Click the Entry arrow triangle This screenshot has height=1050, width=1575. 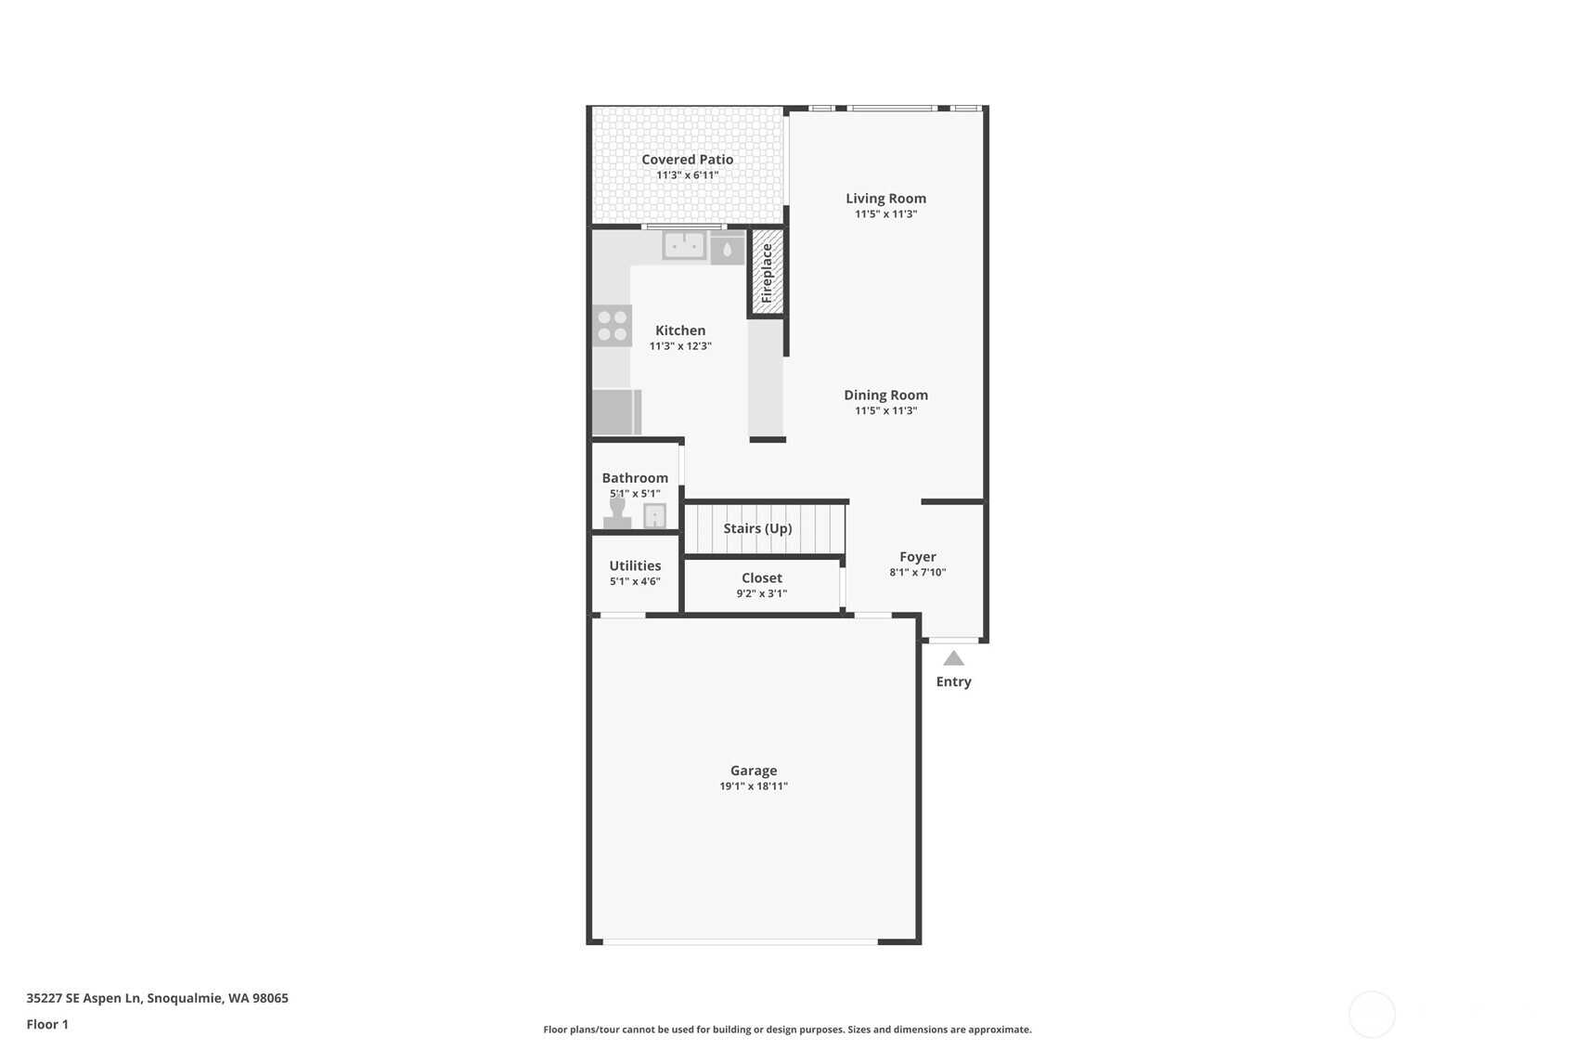[953, 659]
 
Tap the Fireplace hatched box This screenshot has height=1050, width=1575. [768, 272]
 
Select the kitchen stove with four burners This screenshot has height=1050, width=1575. [612, 326]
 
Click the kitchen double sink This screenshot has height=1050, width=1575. [684, 246]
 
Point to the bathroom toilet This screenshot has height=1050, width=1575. [617, 512]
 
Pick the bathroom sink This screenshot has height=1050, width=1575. [654, 516]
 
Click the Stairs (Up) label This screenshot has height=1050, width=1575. [758, 528]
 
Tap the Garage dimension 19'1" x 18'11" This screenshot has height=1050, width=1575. [754, 786]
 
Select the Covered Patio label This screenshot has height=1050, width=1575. [688, 160]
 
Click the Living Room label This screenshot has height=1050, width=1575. [886, 199]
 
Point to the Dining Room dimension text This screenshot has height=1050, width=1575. [886, 410]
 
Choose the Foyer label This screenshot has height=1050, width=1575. [918, 557]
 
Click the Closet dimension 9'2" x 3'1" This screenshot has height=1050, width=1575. [762, 593]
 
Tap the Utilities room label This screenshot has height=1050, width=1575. [635, 565]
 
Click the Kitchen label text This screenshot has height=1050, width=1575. [680, 331]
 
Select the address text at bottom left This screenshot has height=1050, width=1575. [158, 998]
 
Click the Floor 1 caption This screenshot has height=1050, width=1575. [48, 1025]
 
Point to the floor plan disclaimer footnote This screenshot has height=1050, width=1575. [787, 1030]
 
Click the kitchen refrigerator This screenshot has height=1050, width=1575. [616, 412]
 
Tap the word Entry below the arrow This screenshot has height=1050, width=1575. [953, 681]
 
